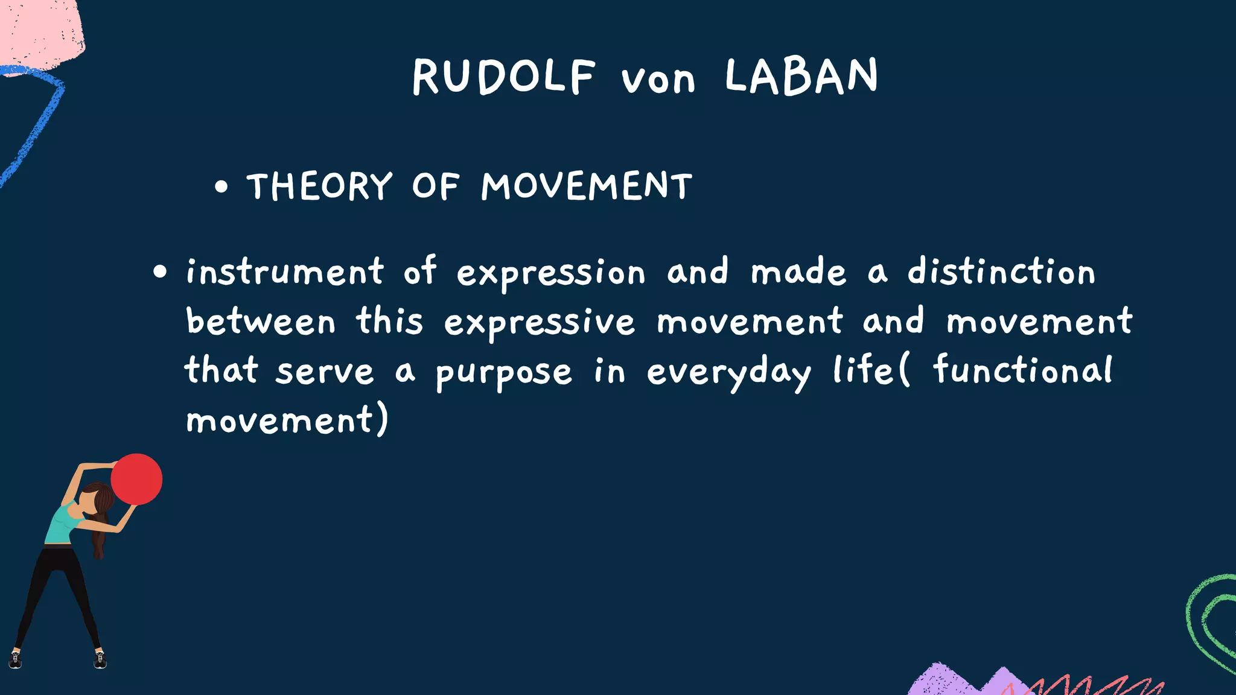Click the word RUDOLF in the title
(504, 77)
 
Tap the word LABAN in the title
(801, 77)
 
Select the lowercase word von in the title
(658, 80)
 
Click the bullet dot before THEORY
(221, 187)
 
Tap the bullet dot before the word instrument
(160, 272)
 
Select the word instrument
(284, 272)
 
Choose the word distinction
(1001, 272)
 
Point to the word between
(260, 322)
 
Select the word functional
(1023, 370)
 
